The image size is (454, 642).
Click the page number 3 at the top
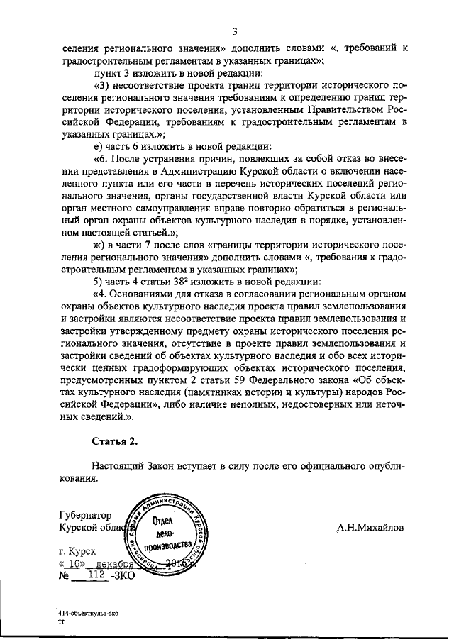pyautogui.click(x=233, y=31)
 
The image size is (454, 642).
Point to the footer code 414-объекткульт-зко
pyautogui.click(x=89, y=609)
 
